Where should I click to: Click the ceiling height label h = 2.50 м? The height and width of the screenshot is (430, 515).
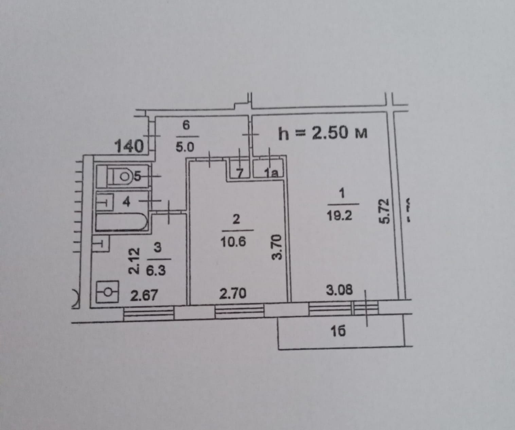322,133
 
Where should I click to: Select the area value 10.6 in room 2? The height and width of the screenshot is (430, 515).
233,242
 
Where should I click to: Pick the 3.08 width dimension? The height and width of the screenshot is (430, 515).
339,290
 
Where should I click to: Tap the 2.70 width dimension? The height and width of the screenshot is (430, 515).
233,294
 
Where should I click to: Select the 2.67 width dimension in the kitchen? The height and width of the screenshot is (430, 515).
144,295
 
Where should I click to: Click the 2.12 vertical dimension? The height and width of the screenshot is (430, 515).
134,261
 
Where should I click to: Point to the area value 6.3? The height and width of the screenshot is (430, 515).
156,271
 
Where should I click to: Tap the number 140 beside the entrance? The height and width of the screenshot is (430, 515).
129,147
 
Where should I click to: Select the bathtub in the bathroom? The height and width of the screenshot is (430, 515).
121,222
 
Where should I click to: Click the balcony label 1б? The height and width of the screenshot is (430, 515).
338,331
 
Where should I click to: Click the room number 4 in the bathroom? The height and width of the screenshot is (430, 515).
126,202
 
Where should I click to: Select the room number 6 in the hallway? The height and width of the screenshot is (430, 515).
186,125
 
